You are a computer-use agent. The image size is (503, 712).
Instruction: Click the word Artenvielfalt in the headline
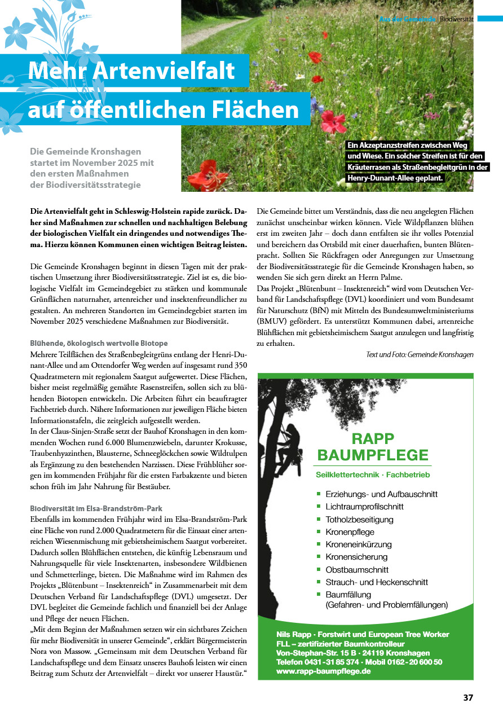(164, 71)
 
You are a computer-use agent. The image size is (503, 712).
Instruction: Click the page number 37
(468, 697)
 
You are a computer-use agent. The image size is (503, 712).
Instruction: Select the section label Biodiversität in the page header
(456, 19)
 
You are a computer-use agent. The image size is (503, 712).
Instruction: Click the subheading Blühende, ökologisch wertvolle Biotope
(99, 343)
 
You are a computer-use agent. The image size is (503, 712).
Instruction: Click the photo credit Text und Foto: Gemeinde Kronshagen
(420, 354)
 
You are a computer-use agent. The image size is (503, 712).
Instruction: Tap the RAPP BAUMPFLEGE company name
(373, 446)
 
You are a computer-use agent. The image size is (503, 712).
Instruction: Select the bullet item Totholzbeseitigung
(359, 519)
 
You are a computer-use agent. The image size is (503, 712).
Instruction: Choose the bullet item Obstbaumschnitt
(357, 569)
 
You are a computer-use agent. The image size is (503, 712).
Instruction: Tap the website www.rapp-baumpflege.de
(323, 671)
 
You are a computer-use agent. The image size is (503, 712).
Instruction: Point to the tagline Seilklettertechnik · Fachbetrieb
(373, 475)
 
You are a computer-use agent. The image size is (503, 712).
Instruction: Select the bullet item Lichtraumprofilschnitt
(364, 507)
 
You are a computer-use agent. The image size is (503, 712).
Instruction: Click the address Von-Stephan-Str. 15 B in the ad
(311, 653)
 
